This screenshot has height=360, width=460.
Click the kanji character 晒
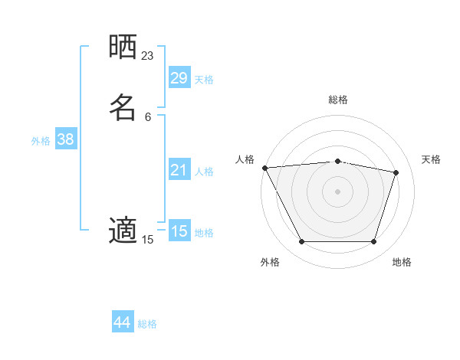point(123,47)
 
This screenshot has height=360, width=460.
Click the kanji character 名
point(123,107)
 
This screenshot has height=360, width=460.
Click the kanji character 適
point(123,230)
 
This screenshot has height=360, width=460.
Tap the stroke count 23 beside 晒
point(148,55)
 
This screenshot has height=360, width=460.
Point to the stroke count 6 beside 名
point(148,116)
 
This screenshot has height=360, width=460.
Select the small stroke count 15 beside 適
point(148,240)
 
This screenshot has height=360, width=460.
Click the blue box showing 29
point(179,78)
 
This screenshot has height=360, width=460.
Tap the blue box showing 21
point(179,170)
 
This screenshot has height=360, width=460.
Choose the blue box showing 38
point(66,139)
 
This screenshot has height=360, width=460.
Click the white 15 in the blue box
point(179,231)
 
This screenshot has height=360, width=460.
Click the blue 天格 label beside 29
point(204,80)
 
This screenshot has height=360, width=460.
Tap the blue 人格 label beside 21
point(204,172)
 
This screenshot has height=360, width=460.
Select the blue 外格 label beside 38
point(41,141)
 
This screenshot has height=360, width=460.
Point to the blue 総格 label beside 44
point(147,324)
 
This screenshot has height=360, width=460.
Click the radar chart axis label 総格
point(338,100)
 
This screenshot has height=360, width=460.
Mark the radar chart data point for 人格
point(264,168)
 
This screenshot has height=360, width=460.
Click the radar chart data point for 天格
point(396,172)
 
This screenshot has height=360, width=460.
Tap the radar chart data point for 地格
point(373,242)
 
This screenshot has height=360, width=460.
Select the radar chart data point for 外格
point(301,242)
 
